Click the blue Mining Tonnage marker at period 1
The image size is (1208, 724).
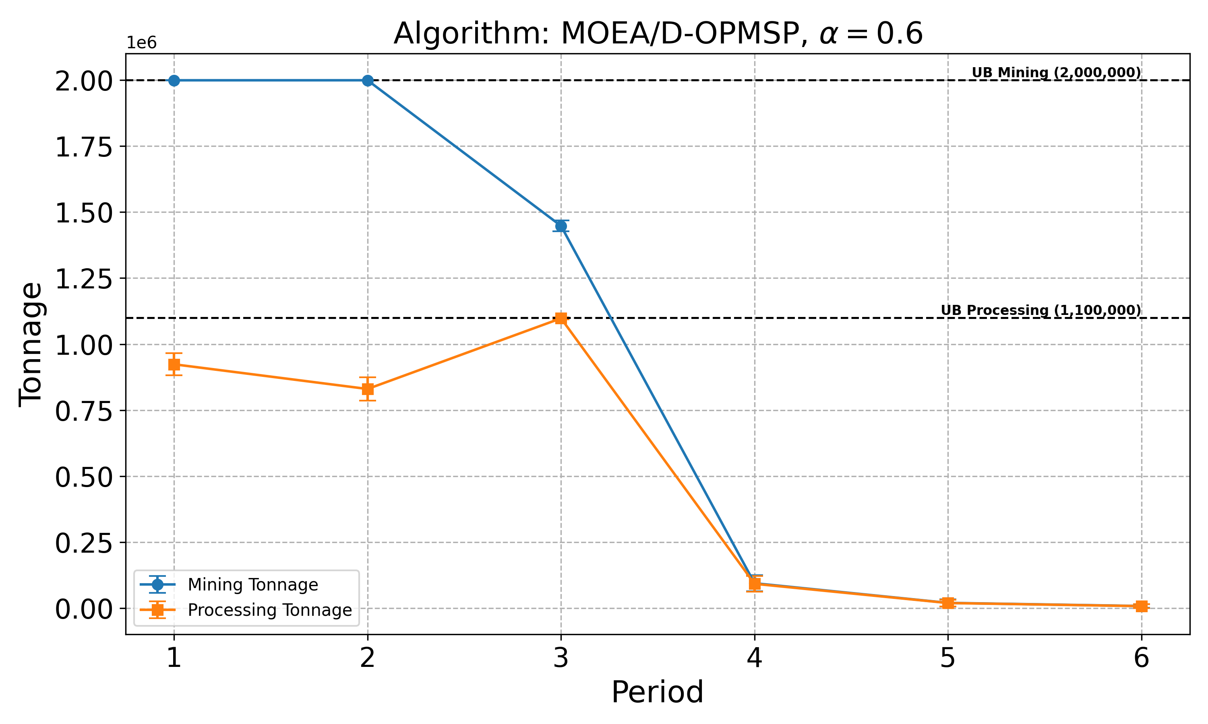pos(174,80)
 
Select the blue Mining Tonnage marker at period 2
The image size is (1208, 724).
pos(368,80)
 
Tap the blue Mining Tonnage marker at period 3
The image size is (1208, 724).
pos(561,226)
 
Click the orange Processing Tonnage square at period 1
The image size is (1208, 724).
pos(174,364)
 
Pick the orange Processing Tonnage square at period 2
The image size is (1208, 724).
pos(368,389)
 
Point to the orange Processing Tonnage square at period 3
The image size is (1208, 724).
pos(561,319)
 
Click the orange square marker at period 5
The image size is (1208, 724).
pos(948,603)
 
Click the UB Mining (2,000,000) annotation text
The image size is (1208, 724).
pos(1056,73)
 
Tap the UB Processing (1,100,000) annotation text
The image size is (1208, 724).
pos(1040,310)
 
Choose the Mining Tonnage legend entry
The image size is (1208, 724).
pos(252,585)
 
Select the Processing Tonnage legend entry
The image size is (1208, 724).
pos(269,610)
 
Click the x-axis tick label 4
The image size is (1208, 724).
pos(754,658)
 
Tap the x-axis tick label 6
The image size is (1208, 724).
pos(1141,658)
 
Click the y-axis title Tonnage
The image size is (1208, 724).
pos(30,344)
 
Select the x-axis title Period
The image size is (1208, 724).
pos(657,692)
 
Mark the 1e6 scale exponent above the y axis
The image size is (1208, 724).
pos(142,43)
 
